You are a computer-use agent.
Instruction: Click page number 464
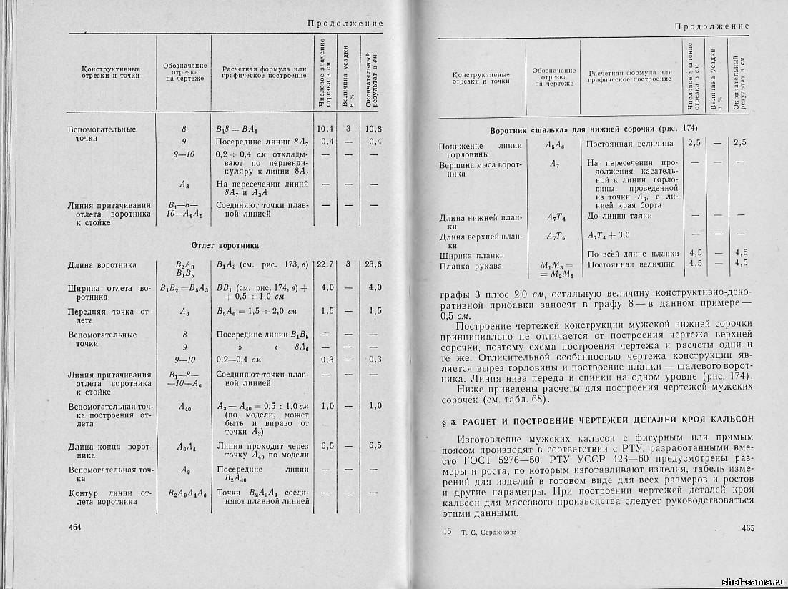coord(75,528)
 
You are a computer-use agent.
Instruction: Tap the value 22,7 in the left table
coord(325,264)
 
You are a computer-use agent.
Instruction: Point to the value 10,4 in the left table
coord(325,129)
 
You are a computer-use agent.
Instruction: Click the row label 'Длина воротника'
coord(102,264)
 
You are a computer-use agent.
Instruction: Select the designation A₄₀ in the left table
coord(184,405)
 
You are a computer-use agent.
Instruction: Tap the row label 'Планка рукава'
coord(471,266)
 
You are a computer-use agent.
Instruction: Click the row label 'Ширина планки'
coord(472,254)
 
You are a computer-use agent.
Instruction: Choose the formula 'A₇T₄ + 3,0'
coord(609,235)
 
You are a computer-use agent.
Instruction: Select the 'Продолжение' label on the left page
coord(345,24)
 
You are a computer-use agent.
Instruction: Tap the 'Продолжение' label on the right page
coord(711,26)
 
